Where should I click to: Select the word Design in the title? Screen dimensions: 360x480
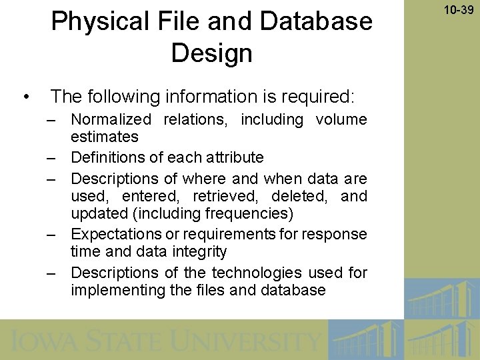[x=211, y=53]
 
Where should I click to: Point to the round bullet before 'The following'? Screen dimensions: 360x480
[x=25, y=97]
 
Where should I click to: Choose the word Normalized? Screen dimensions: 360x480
[x=111, y=120]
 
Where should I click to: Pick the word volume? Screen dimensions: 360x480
[x=341, y=120]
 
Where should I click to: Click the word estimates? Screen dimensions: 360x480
[x=105, y=137]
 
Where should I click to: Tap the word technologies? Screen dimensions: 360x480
[x=257, y=273]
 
